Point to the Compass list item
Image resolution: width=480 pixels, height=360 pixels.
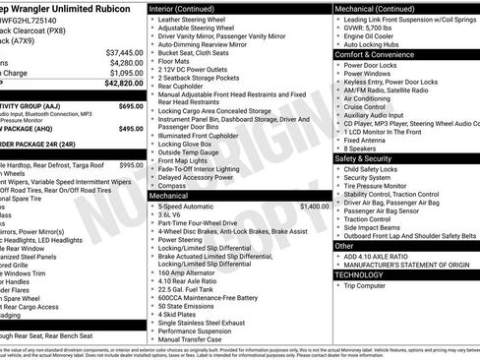click(x=171, y=157)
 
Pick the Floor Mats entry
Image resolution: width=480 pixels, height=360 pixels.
click(x=176, y=61)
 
